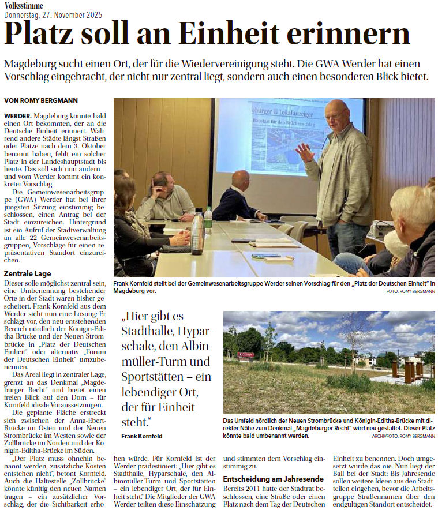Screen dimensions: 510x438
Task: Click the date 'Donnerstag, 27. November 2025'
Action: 53,14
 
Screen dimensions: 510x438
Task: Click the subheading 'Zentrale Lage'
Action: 28,273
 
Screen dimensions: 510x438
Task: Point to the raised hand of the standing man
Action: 304,152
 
